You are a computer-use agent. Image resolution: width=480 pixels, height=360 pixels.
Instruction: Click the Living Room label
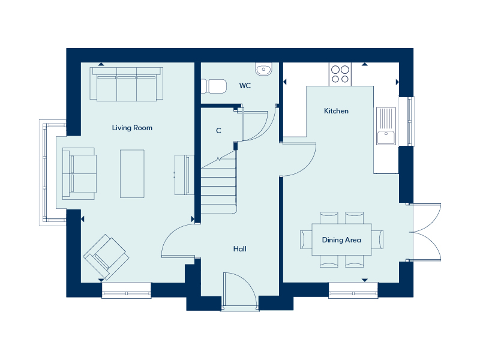[x=132, y=128]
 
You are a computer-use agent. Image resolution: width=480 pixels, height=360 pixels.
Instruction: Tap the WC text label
[x=245, y=86]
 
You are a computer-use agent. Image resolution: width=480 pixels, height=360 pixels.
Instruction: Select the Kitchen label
[x=336, y=111]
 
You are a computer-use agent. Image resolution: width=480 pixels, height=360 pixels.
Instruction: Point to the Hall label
[x=239, y=249]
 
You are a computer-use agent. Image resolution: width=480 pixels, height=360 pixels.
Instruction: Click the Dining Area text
[x=341, y=239]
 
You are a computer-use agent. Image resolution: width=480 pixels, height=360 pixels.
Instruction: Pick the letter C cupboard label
[x=218, y=131]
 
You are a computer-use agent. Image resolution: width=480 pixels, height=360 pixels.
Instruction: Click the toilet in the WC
[x=214, y=86]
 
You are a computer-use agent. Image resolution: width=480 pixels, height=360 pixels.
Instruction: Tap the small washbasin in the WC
[x=263, y=69]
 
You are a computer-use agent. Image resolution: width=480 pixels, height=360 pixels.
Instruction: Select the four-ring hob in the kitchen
[x=340, y=74]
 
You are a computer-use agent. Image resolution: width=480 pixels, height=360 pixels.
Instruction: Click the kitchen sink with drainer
[x=386, y=126]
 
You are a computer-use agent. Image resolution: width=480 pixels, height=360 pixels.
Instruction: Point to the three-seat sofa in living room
[x=127, y=84]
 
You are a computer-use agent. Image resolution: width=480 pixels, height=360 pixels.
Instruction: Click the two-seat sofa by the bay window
[x=79, y=174]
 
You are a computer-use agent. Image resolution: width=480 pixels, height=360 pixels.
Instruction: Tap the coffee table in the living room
[x=132, y=173]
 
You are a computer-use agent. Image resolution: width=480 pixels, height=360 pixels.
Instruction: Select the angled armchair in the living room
[x=106, y=257]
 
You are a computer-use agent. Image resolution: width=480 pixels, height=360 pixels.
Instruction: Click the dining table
[x=341, y=239]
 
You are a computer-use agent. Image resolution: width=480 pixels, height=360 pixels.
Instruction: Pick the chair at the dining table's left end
[x=306, y=239]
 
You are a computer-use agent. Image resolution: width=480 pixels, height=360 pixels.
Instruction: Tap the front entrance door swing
[x=239, y=289]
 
